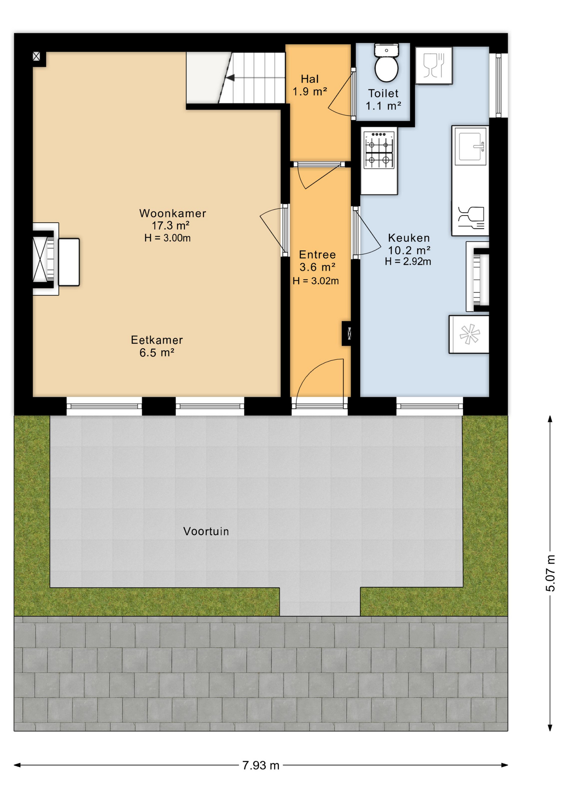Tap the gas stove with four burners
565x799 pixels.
tap(379, 149)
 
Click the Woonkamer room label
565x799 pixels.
tap(173, 213)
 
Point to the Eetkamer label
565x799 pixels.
tap(157, 340)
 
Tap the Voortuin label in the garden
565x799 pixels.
tap(206, 531)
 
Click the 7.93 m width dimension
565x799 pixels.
tap(261, 765)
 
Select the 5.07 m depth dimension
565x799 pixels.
tap(550, 573)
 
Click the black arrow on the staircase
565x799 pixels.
tap(230, 77)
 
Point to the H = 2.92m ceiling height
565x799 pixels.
tap(408, 262)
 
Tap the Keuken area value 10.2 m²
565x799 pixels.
tap(409, 250)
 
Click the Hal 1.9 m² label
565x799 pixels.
tap(310, 85)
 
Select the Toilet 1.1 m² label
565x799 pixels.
tap(383, 99)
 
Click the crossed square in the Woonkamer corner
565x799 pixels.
tap(37, 56)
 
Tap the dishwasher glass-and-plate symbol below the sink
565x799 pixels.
tap(471, 218)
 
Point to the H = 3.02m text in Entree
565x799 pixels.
tap(315, 281)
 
